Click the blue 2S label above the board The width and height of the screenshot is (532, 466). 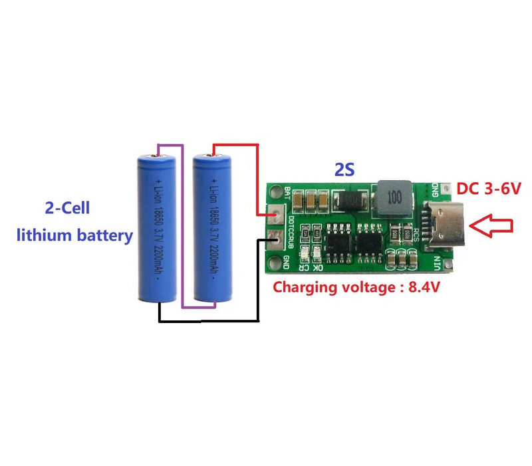(x=345, y=170)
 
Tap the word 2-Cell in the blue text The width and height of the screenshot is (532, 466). (x=67, y=208)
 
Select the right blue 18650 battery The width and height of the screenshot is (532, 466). (x=211, y=228)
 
